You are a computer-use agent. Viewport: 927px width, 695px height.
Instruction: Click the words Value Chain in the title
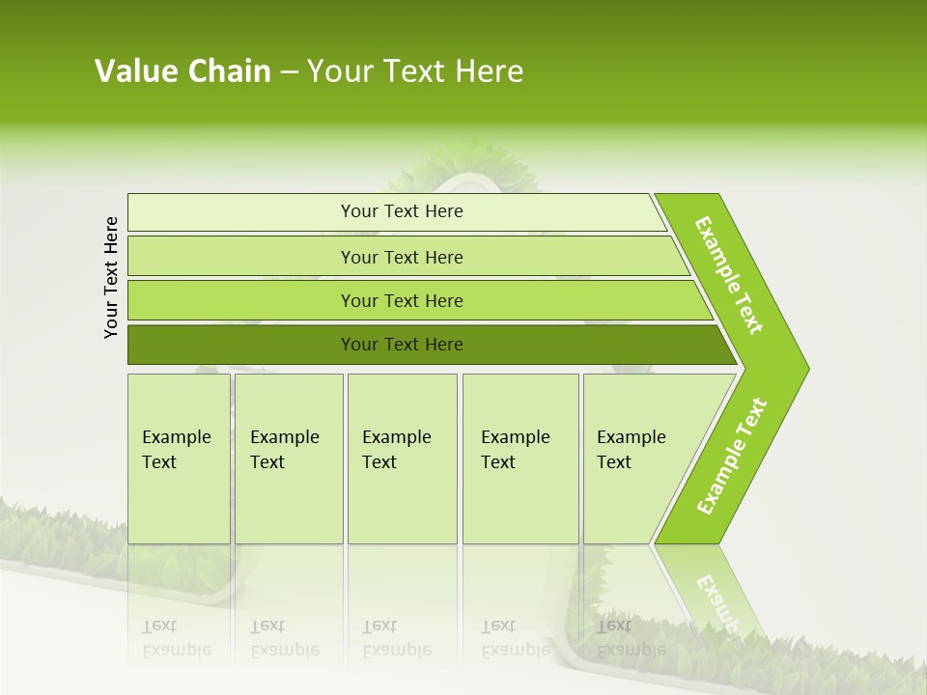[183, 71]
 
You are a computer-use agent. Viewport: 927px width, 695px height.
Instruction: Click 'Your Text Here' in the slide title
[415, 71]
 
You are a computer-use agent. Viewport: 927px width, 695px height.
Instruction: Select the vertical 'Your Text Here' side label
[112, 277]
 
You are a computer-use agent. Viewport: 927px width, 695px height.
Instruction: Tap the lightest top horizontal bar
[241, 212]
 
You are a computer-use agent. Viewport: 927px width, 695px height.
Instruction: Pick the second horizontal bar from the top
[241, 257]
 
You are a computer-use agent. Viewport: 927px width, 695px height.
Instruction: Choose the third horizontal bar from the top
[241, 301]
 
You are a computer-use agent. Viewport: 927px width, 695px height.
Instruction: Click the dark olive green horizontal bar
[241, 345]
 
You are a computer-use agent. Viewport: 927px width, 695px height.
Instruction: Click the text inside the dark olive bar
[402, 345]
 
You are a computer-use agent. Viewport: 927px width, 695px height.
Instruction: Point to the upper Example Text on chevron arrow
[729, 275]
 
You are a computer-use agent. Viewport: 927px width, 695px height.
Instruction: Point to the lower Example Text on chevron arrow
[732, 456]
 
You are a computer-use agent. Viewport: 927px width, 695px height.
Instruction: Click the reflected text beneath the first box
[177, 638]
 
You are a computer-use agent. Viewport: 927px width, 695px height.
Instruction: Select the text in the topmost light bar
[402, 211]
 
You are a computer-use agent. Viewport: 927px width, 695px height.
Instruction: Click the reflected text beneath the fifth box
[631, 638]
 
